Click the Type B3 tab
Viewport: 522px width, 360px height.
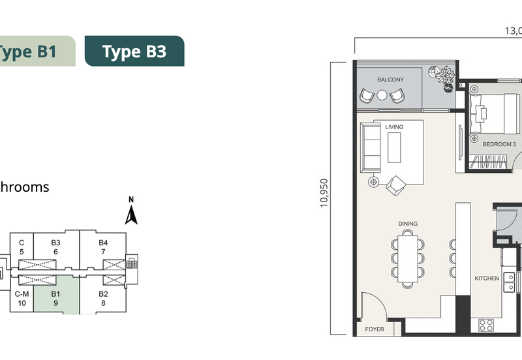tap(134, 51)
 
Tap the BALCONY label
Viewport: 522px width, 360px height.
tap(390, 80)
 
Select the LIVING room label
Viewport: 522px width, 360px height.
tap(394, 127)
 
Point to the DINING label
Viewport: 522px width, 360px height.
tap(408, 224)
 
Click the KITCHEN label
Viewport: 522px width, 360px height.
tap(487, 278)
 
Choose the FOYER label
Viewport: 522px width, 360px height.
tap(375, 329)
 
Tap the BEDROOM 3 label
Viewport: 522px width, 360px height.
tap(499, 144)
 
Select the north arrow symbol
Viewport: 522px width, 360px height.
tap(131, 211)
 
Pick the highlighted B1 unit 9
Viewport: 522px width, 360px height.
tap(56, 299)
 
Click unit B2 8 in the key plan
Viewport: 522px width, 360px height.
tap(103, 299)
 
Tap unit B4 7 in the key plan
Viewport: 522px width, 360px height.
tap(103, 247)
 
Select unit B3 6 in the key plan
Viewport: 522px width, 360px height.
tap(56, 247)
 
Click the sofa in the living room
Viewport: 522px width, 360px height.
tap(373, 146)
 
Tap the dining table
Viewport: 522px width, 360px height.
tap(409, 260)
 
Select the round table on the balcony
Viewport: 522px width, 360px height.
tap(382, 95)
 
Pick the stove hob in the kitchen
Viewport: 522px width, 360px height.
tap(485, 324)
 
